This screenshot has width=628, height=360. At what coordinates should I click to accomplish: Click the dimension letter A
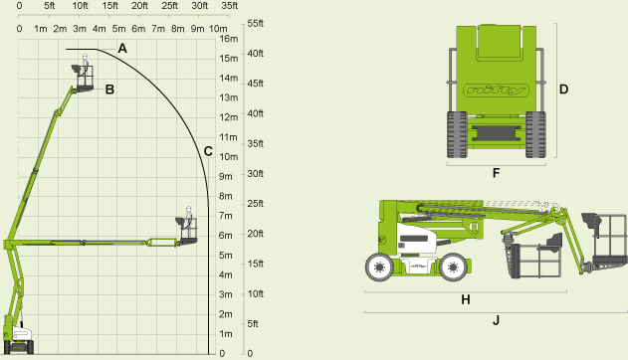pos(122,48)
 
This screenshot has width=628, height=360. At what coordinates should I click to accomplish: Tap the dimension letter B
pos(109,90)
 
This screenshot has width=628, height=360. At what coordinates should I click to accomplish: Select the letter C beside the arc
pos(208,151)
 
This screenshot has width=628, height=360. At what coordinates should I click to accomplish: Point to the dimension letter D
pos(563,90)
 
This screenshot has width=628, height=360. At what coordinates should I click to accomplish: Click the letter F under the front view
pos(496,172)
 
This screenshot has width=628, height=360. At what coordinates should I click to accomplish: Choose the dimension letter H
pos(465,298)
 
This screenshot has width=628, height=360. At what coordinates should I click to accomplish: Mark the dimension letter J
pos(496,320)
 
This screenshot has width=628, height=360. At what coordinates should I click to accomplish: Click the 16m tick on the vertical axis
pos(228,40)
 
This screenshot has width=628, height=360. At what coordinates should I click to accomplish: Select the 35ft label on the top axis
pos(229,6)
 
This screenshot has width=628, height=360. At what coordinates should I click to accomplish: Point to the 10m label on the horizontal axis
pos(218,28)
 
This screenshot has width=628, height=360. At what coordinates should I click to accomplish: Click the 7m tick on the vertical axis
pos(226,216)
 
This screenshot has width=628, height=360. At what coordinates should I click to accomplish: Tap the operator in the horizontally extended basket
pos(186,219)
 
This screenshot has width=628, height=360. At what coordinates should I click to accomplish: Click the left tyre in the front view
pos(457,134)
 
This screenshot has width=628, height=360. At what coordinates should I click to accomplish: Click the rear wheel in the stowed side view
pos(378,267)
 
